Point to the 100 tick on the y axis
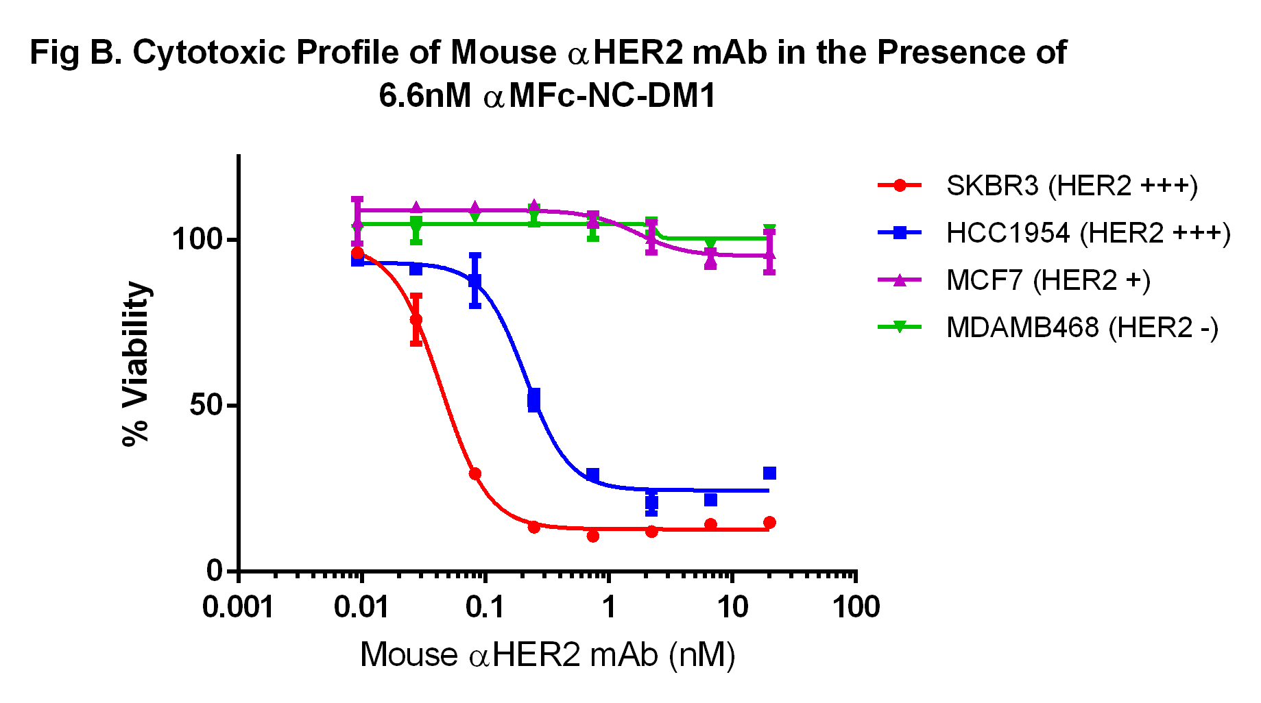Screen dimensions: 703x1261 (x=197, y=240)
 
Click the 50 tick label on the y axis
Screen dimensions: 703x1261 (x=206, y=406)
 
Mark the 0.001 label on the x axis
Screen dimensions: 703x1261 (x=238, y=607)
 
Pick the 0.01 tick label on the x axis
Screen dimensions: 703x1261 (x=361, y=607)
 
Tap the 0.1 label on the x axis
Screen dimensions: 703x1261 (x=485, y=607)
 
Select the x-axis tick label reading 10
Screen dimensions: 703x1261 (x=732, y=607)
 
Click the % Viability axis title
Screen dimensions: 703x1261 (x=136, y=363)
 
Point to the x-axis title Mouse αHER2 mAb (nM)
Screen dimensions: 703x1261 (x=547, y=654)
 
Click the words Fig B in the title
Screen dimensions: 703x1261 (x=75, y=53)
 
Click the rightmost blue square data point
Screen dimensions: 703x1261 (x=769, y=473)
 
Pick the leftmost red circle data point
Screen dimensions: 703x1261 (x=357, y=253)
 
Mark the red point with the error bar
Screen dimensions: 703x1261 (x=416, y=320)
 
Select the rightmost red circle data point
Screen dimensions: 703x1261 (x=769, y=523)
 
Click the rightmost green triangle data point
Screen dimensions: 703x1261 (x=769, y=230)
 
